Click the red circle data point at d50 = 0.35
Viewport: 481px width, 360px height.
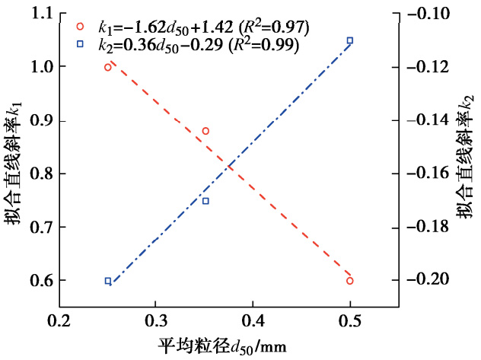[205, 131]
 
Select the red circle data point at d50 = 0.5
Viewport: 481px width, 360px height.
[350, 281]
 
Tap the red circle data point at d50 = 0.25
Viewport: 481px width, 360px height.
[108, 67]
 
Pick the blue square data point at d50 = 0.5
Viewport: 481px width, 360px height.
[350, 40]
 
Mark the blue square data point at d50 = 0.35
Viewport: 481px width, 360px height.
[205, 201]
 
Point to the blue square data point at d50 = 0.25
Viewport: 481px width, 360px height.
[108, 281]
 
